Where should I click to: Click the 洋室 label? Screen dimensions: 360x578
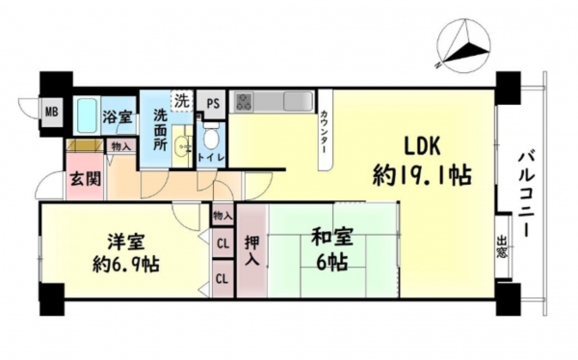click(118, 240)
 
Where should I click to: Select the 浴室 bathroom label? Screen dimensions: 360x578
click(118, 117)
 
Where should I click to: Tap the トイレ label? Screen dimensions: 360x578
click(211, 157)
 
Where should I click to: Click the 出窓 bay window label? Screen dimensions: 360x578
click(502, 250)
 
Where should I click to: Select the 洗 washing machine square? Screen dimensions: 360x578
click(180, 99)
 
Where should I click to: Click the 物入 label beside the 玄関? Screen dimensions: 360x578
click(120, 147)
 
